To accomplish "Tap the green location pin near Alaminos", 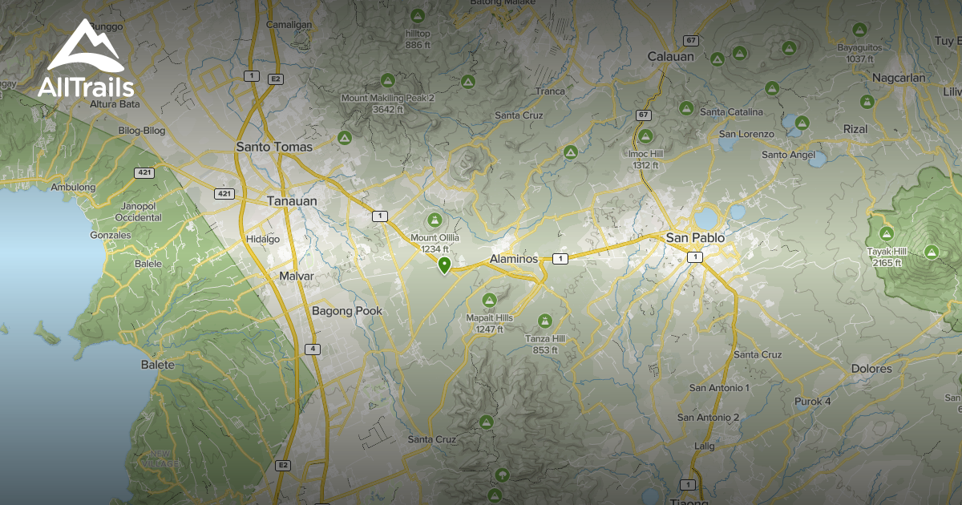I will click(x=444, y=265).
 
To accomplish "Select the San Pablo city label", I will click(x=695, y=238).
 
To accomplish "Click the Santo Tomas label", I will click(x=274, y=147).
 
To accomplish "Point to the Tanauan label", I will click(x=292, y=201).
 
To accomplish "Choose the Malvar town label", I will click(x=296, y=276).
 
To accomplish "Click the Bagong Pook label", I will click(x=347, y=311).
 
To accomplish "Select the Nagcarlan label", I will click(x=899, y=78).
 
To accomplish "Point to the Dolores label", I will click(x=872, y=369).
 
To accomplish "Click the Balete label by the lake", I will click(x=157, y=365).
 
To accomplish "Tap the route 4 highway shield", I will click(x=312, y=349).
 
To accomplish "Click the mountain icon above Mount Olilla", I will click(x=435, y=219).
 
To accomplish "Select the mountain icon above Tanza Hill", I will click(x=545, y=321).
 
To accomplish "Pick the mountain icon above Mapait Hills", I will click(x=489, y=300).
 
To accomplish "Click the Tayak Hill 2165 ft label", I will click(x=885, y=257).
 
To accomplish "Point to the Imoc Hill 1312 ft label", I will click(x=645, y=159).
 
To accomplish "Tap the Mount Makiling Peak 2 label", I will click(x=388, y=103).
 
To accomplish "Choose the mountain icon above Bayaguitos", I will click(x=859, y=30).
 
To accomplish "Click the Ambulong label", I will click(x=73, y=188).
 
